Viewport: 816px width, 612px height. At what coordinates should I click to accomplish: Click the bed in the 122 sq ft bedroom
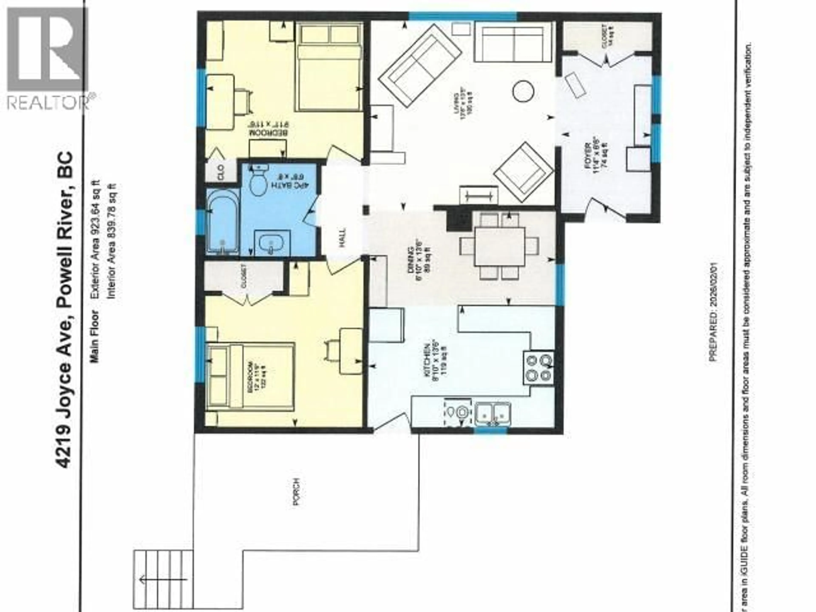251,376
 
